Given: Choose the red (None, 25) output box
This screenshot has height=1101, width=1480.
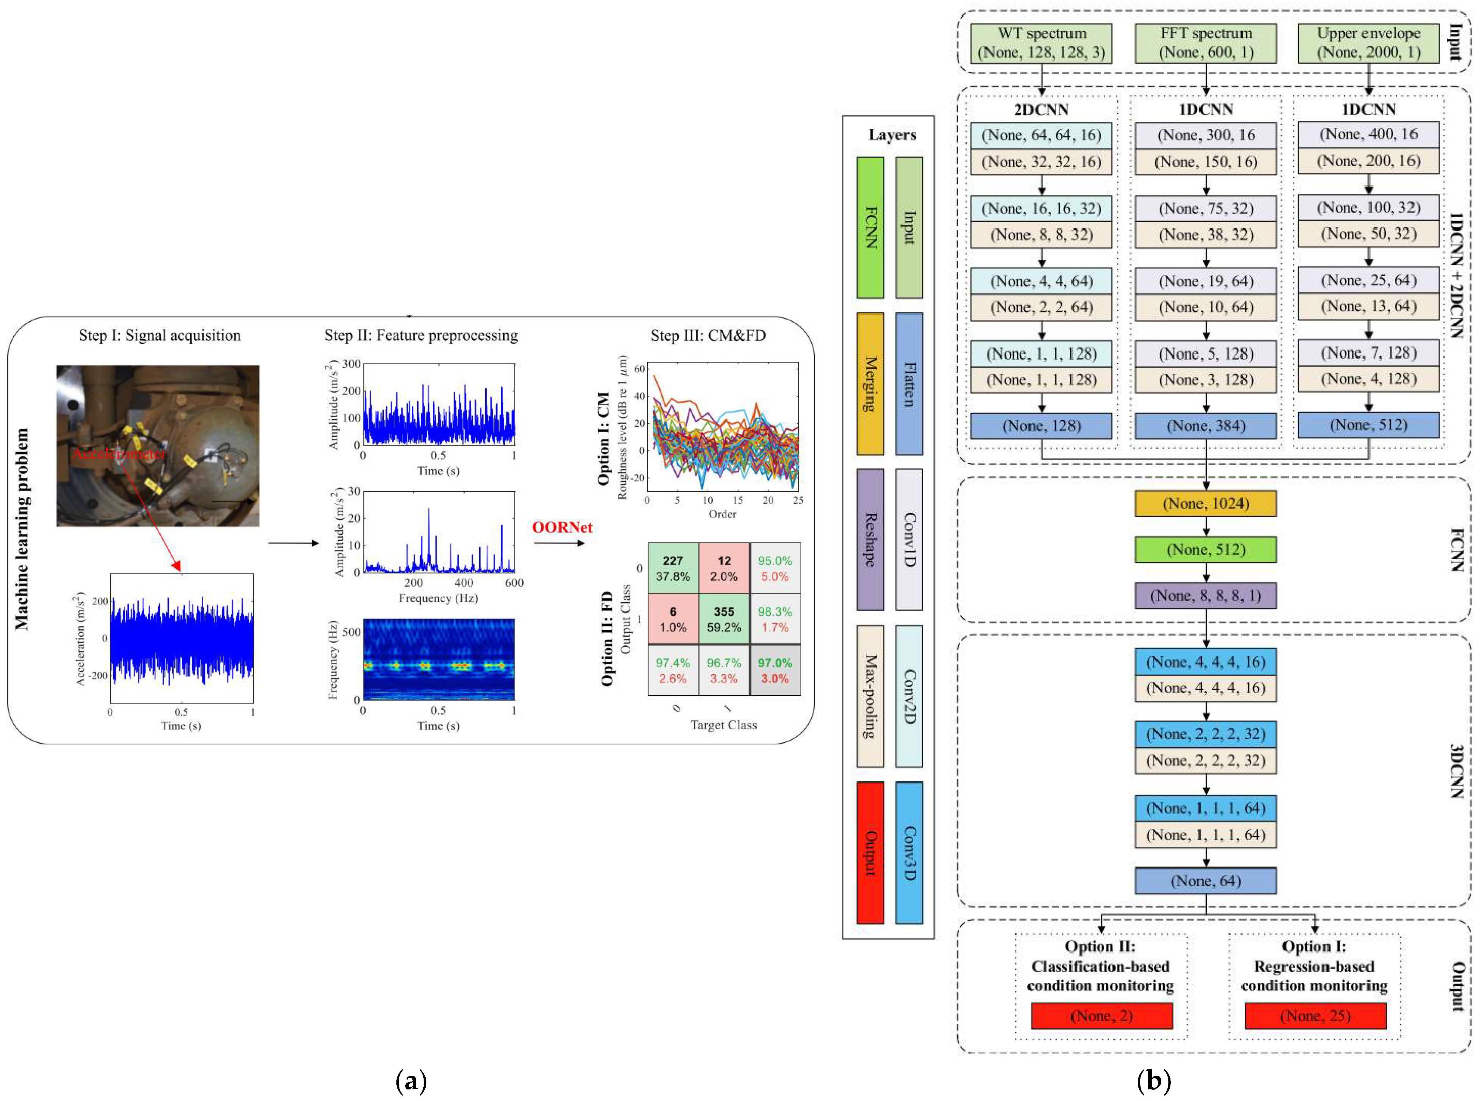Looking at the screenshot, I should click(x=1315, y=1016).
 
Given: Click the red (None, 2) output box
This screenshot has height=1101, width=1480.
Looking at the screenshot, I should click(x=1101, y=1016).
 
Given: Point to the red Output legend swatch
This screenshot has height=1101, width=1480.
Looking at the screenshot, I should click(x=870, y=853).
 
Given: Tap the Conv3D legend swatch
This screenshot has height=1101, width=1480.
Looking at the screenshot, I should click(x=909, y=853).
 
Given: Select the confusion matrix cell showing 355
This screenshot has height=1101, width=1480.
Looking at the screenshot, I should click(x=724, y=619).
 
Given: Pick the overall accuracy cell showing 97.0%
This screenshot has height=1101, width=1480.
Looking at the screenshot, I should click(x=775, y=670).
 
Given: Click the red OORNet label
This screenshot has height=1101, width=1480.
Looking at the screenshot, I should click(x=562, y=527).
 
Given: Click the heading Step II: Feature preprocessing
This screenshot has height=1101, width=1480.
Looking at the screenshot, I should click(x=421, y=335).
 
